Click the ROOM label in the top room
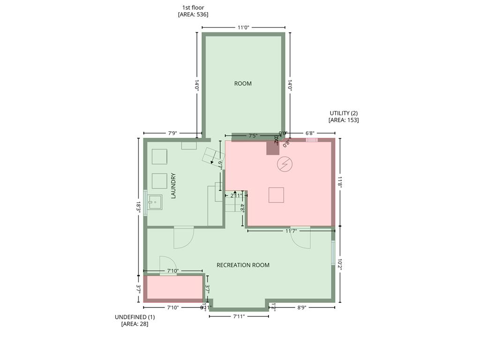click(x=243, y=83)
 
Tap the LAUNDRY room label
click(x=173, y=186)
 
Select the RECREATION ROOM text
click(x=243, y=265)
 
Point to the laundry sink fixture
click(x=155, y=202)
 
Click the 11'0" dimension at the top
click(x=243, y=28)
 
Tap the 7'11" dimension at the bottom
click(x=239, y=316)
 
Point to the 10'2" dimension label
click(x=341, y=265)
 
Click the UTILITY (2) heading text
click(x=344, y=113)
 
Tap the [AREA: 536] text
click(x=193, y=15)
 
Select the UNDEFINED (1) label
click(x=135, y=317)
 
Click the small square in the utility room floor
click(x=276, y=195)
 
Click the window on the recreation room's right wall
click(x=333, y=253)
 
